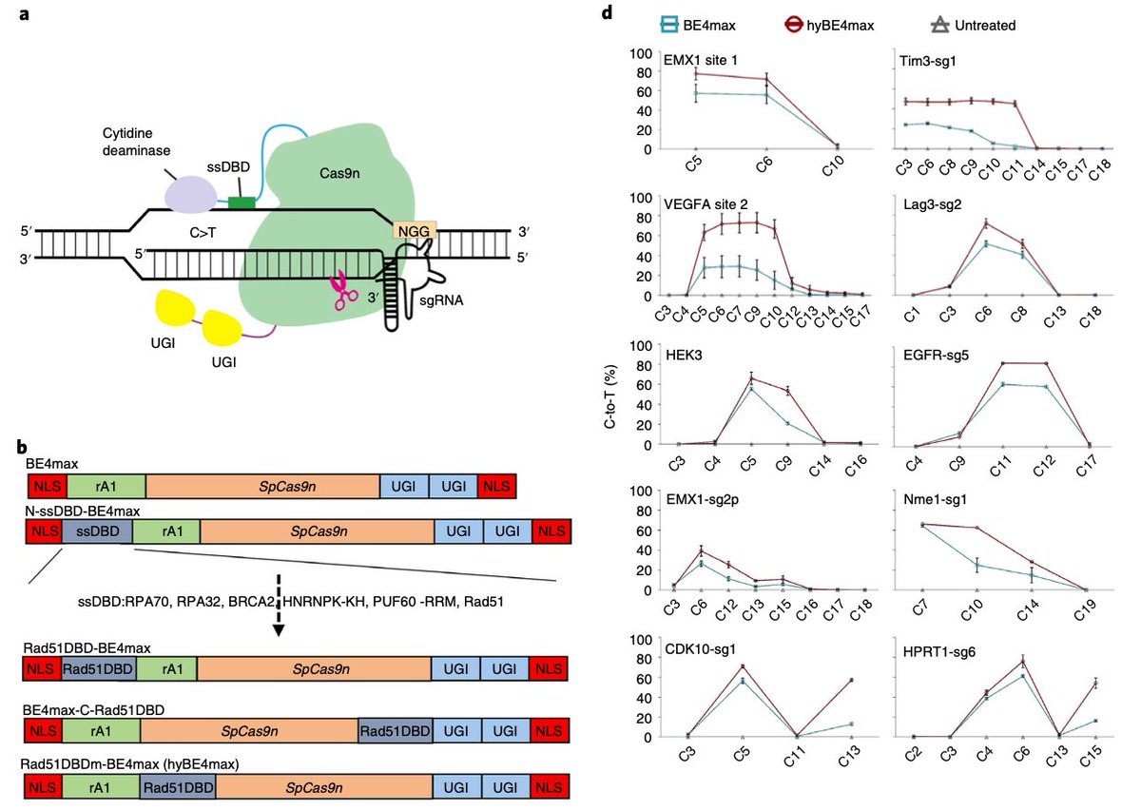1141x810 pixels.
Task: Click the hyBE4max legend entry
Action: click(x=829, y=25)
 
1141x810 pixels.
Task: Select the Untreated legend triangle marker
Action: click(x=939, y=25)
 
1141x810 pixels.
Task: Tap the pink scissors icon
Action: click(x=339, y=291)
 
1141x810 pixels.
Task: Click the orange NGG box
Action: click(x=415, y=231)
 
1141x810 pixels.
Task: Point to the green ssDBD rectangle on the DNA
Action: click(x=242, y=203)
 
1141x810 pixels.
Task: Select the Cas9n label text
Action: click(x=339, y=173)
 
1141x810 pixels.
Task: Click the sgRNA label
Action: click(x=441, y=300)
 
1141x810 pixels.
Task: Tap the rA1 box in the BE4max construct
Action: click(x=106, y=487)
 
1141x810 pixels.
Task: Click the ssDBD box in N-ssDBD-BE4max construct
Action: click(x=97, y=531)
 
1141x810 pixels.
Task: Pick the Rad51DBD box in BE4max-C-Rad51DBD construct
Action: click(x=396, y=731)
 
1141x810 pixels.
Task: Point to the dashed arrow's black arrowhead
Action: click(x=278, y=630)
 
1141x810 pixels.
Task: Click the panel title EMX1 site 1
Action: click(x=701, y=60)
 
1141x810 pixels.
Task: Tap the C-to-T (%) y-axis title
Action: click(x=610, y=396)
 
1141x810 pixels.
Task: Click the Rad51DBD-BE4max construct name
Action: click(x=87, y=648)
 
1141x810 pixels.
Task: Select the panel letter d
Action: click(x=607, y=12)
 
